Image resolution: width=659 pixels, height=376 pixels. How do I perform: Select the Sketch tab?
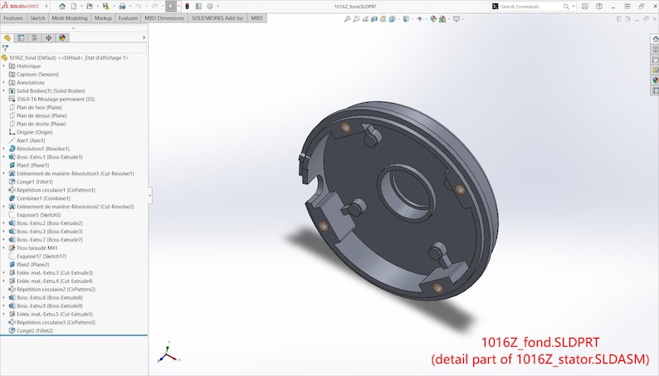[37, 17]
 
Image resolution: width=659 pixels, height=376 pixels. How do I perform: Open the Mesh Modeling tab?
[70, 17]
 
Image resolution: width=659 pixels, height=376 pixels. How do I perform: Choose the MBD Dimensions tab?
[164, 17]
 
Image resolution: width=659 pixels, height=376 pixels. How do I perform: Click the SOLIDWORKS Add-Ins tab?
[217, 17]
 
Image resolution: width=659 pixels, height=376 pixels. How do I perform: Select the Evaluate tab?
[128, 17]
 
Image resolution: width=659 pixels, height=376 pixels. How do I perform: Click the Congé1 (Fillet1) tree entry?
[34, 182]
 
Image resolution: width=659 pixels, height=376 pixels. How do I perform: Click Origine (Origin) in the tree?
[34, 132]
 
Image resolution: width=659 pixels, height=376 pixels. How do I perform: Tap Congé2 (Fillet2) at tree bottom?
[34, 330]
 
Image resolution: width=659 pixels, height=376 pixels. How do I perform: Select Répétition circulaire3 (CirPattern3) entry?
[56, 322]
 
